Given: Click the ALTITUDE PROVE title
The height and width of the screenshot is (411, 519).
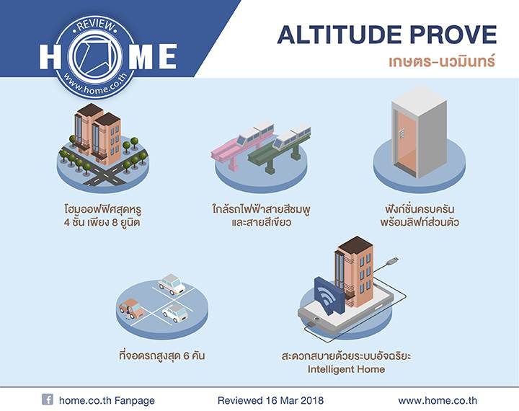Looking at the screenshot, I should click(x=387, y=34).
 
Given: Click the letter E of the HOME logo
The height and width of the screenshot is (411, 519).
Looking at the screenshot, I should click(x=164, y=56).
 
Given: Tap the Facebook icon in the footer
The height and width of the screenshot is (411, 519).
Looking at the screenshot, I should click(x=47, y=399).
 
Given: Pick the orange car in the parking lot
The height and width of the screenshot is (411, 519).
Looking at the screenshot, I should click(x=130, y=308).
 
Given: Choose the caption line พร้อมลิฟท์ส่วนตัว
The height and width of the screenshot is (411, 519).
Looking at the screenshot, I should click(x=420, y=222).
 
